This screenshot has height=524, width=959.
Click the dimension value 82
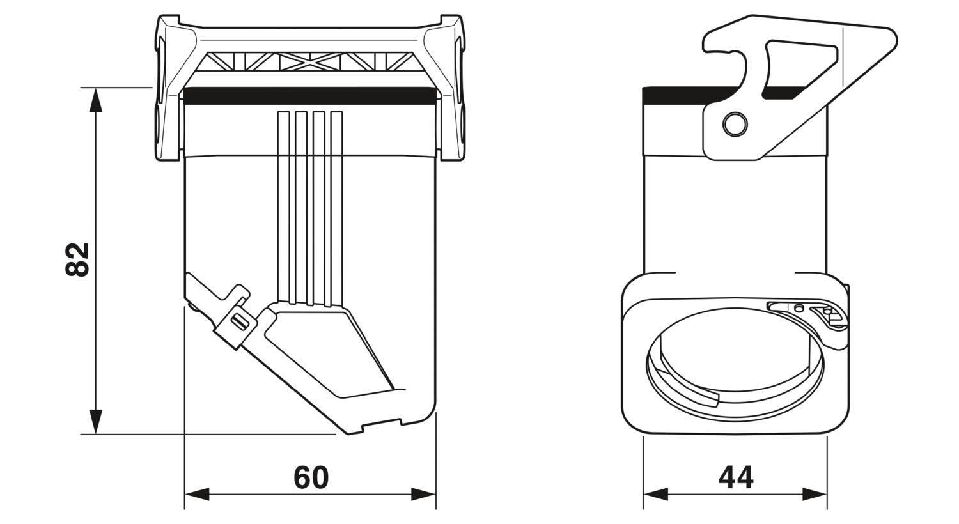point(77,259)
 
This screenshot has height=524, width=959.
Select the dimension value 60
point(311,477)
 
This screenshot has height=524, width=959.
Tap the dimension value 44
point(736,477)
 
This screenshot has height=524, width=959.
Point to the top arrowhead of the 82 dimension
point(95,100)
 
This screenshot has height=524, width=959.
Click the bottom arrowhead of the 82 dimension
point(95,421)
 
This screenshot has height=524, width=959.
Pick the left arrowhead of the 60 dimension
point(197,494)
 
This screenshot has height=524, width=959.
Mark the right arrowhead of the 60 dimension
point(423,494)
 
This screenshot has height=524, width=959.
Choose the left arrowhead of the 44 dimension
point(656,494)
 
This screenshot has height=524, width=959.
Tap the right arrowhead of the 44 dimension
point(815,494)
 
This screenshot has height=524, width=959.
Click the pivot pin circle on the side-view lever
point(735,124)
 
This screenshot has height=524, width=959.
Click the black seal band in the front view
point(310,96)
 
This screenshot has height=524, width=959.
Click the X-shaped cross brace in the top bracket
point(310,61)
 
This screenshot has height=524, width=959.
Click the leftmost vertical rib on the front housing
point(283,208)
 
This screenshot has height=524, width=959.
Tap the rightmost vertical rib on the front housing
point(337,209)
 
